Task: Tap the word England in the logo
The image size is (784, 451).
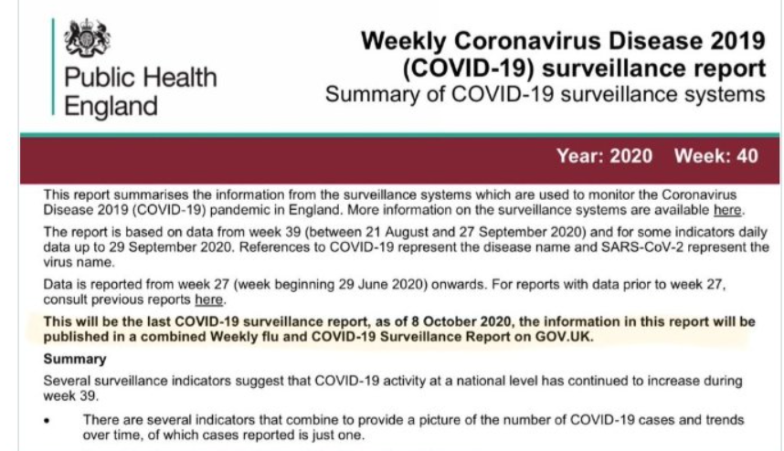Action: point(111,106)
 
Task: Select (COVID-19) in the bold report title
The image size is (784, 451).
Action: point(461,68)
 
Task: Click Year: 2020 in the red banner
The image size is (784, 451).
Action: point(604,156)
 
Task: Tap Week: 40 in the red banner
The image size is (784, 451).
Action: point(715,156)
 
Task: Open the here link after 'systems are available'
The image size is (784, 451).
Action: point(726,211)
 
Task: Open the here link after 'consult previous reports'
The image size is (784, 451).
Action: point(208,299)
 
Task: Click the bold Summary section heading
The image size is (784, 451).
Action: point(76,360)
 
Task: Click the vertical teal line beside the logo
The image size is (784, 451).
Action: point(54,68)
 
